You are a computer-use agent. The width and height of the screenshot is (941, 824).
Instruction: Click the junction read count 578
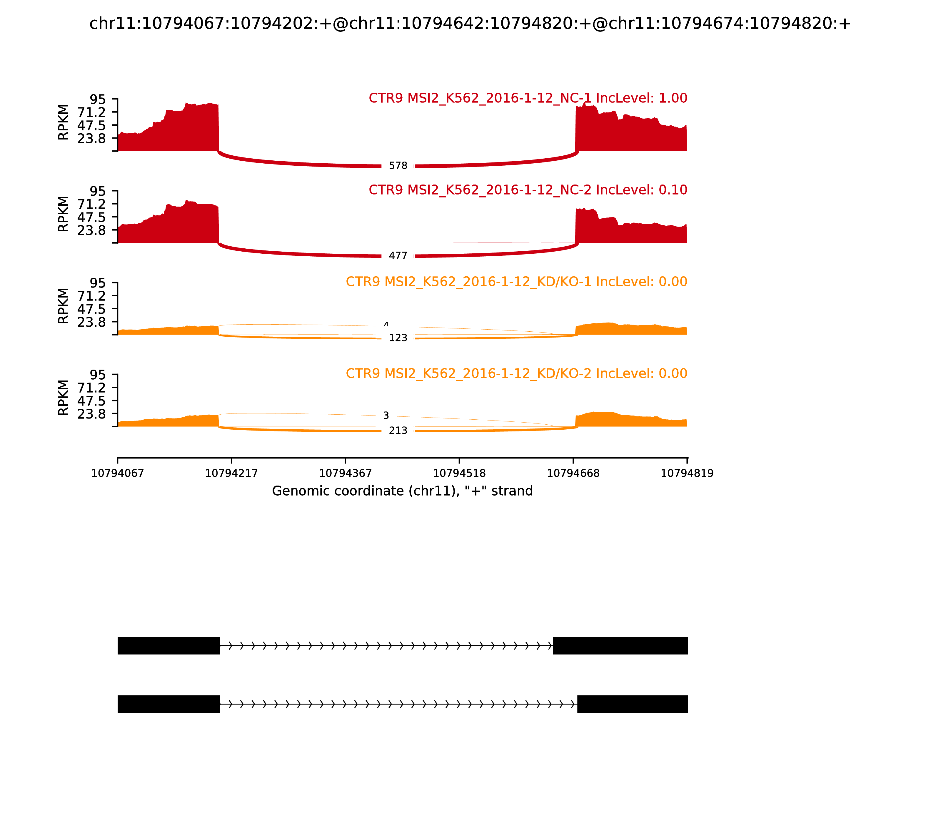[x=398, y=166]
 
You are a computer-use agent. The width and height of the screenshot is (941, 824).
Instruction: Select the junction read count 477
[x=398, y=256]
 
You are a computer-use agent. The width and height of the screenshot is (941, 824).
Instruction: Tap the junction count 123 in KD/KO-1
[x=398, y=338]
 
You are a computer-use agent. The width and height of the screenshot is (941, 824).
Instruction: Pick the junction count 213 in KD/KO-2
[x=398, y=430]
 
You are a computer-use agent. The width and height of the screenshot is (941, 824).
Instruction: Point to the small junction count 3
[x=386, y=416]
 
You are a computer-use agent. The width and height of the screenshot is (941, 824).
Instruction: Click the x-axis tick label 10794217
[x=231, y=474]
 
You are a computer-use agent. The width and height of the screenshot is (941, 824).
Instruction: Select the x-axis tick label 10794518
[x=459, y=474]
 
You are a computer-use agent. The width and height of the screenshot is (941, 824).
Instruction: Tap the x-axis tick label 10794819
[x=687, y=474]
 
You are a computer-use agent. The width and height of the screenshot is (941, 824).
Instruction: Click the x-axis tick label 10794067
[x=118, y=474]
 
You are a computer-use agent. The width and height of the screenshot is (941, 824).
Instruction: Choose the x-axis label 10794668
[x=573, y=474]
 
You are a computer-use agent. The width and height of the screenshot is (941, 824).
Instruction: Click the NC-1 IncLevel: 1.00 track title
[x=528, y=98]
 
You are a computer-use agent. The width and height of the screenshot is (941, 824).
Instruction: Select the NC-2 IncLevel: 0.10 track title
[x=528, y=190]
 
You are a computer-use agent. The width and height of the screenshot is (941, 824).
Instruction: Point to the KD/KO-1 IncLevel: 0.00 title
[x=516, y=282]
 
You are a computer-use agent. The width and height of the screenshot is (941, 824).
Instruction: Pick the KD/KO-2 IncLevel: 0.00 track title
[x=516, y=373]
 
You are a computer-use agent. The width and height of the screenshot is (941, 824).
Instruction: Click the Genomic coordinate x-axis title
[x=403, y=491]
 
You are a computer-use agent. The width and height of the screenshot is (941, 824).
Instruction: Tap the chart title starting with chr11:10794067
[x=470, y=24]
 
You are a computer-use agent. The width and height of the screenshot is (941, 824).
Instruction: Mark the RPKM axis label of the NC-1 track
[x=64, y=122]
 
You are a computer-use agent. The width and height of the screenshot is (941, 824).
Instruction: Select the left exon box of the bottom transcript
[x=168, y=704]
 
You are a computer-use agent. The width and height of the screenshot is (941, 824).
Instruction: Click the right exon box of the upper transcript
[x=620, y=646]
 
